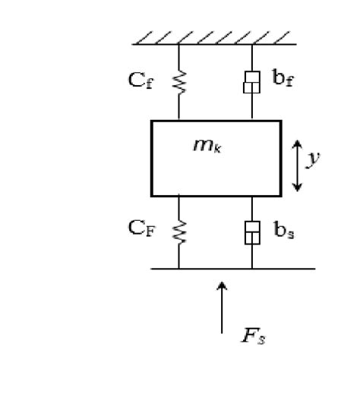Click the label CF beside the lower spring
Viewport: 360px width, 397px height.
coord(140,229)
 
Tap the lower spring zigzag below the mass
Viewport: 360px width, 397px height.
coord(179,232)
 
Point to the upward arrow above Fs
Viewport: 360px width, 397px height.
coord(222,307)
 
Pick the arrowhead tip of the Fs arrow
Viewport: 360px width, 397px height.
coord(222,283)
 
